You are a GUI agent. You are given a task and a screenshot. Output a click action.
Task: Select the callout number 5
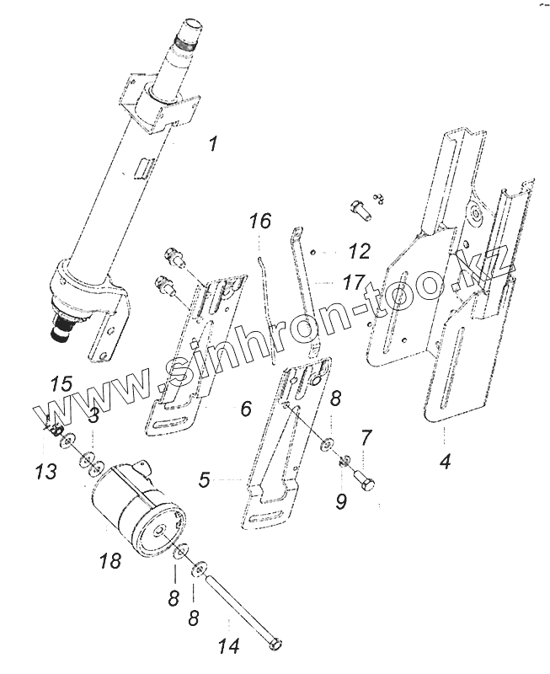pos(205,480)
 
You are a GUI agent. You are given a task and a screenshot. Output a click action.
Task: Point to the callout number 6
pos(245,409)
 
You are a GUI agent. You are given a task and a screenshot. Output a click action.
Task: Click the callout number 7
pos(366,437)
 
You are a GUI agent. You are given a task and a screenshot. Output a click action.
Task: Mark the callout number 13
pos(47,470)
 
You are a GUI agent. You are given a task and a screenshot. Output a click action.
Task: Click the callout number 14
pos(229,646)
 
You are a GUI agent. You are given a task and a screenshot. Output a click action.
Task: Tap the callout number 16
pos(260,222)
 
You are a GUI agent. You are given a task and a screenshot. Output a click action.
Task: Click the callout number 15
pos(61,384)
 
